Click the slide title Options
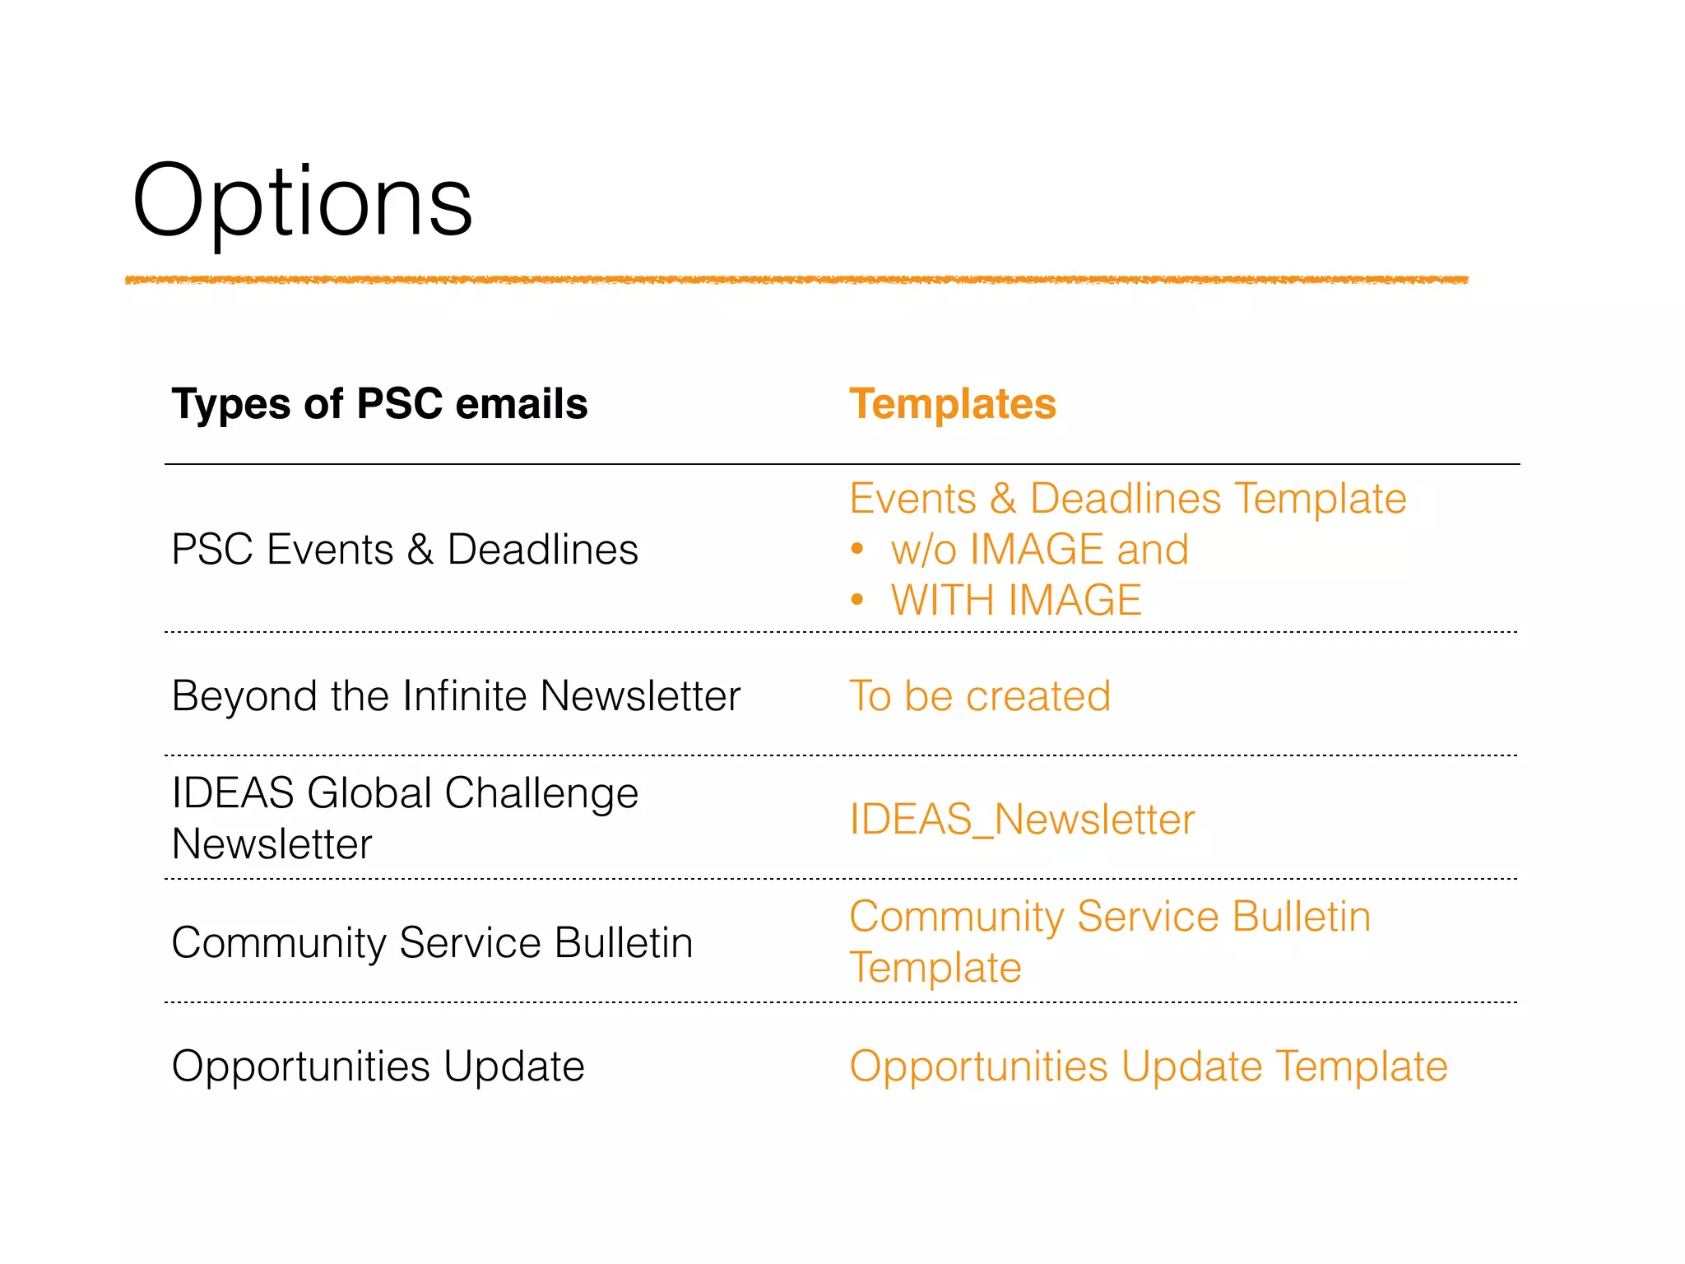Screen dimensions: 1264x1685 (302, 200)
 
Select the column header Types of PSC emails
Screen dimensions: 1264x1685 (379, 404)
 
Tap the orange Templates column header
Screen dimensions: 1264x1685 (952, 404)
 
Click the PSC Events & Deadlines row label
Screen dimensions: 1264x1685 (404, 550)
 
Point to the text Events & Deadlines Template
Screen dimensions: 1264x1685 (1127, 499)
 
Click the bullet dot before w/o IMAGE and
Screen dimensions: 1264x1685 (857, 549)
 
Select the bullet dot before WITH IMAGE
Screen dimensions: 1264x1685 (857, 600)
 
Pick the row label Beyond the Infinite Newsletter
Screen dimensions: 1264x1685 (456, 696)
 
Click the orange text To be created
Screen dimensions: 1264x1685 (979, 696)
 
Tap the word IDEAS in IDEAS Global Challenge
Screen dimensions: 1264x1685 (233, 793)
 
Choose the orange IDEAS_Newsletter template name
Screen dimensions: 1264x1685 (1021, 820)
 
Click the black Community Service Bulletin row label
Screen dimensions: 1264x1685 (432, 943)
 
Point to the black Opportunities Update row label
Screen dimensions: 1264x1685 (378, 1066)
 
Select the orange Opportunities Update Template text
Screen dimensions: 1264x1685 (1148, 1066)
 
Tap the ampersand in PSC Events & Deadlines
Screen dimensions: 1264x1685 (420, 550)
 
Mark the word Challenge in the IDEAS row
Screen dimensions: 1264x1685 (541, 793)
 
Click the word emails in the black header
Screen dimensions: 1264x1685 (522, 404)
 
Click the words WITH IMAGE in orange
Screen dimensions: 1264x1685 (1015, 600)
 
